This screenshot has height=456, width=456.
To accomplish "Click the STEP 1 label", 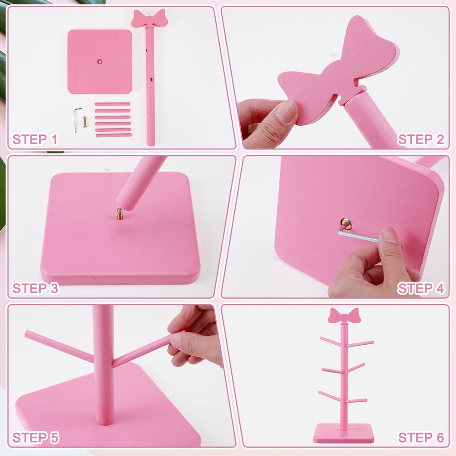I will (x=35, y=140).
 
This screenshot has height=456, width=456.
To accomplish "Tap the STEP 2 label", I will (x=420, y=140).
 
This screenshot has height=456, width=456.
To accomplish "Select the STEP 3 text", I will (x=35, y=289).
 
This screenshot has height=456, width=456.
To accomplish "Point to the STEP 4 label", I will (x=420, y=289).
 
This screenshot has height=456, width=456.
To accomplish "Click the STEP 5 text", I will (x=35, y=438).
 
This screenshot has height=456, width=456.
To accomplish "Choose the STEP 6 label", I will (x=420, y=438).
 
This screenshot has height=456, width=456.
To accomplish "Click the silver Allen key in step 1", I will (x=78, y=119).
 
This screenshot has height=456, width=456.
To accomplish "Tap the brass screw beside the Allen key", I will (x=85, y=122).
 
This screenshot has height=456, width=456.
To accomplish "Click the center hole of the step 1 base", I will (x=99, y=60).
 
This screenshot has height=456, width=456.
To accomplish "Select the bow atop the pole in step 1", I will (x=150, y=19).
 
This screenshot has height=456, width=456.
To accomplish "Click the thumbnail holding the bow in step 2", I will (x=286, y=111).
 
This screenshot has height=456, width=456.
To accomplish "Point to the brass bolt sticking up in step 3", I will (x=120, y=213).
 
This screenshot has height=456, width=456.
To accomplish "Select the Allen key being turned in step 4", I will (x=358, y=235).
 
